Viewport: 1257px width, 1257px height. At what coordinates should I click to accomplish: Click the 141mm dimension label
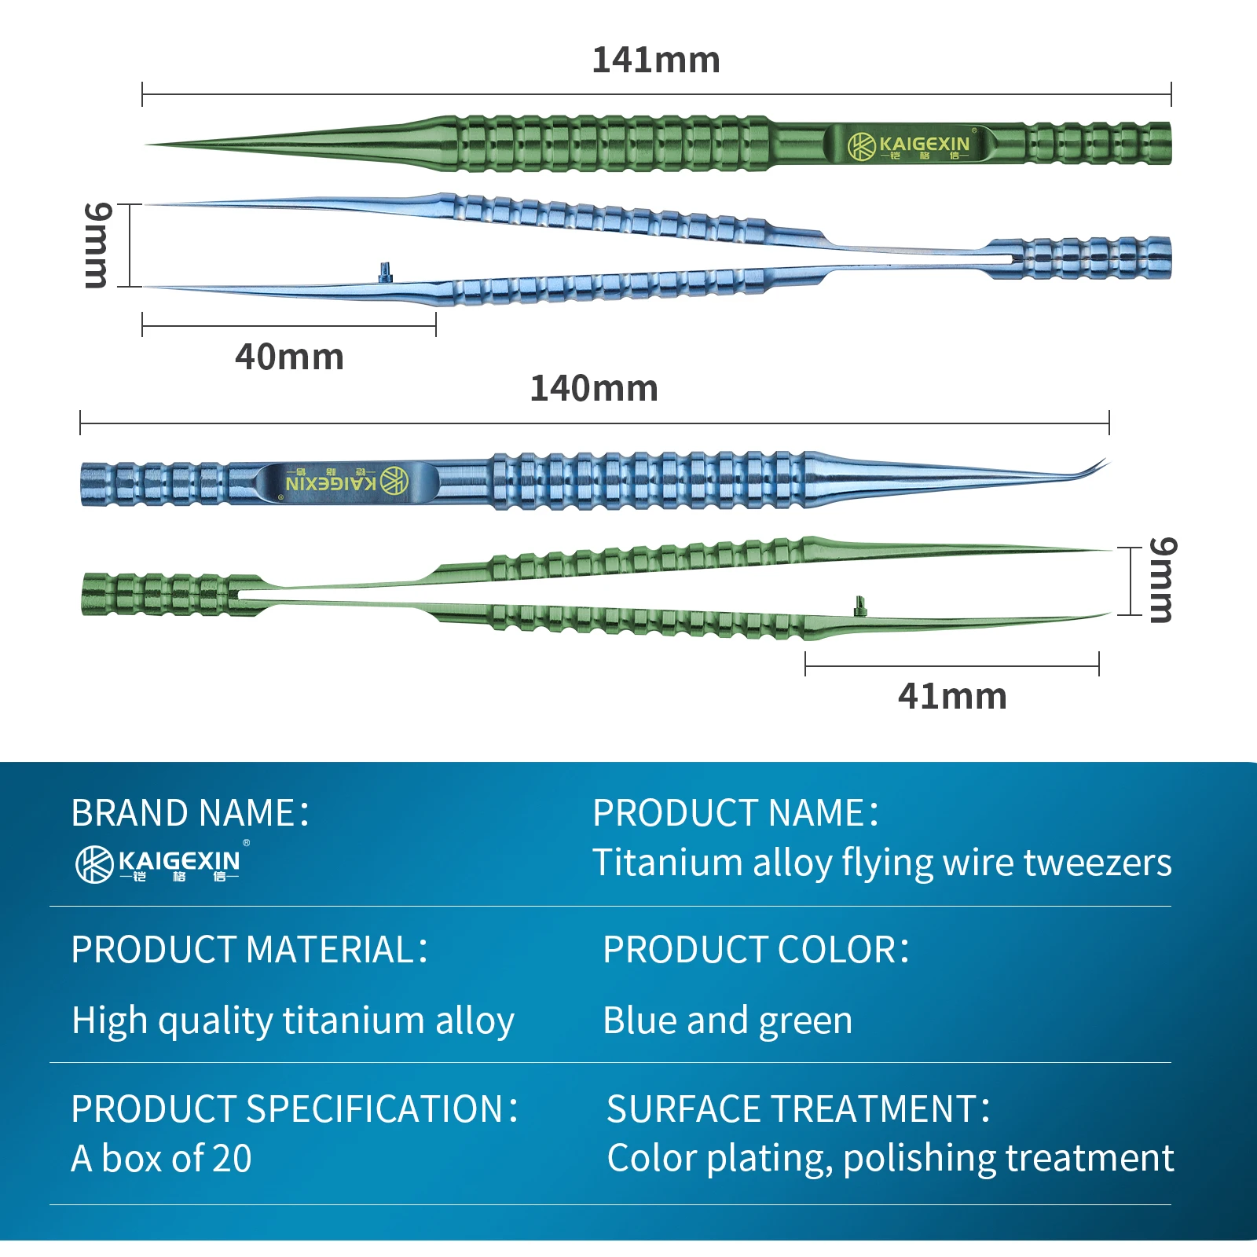click(x=655, y=60)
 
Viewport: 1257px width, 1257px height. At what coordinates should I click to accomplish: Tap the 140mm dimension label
click(x=594, y=389)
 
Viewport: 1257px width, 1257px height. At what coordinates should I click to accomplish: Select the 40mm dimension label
click(x=289, y=357)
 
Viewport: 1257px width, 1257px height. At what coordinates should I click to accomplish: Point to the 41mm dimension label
click(x=952, y=697)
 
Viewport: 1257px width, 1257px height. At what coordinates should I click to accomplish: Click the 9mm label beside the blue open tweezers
click(x=97, y=245)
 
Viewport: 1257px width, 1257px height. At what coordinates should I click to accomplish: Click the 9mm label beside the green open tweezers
click(x=1163, y=580)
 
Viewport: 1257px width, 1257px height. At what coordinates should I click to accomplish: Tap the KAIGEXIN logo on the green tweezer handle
click(x=910, y=145)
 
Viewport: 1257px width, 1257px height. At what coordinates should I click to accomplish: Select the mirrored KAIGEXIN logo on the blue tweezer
click(x=346, y=481)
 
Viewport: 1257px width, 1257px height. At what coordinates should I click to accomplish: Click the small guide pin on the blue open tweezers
click(x=385, y=272)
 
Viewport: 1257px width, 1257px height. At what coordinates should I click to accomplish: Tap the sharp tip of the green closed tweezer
click(x=153, y=145)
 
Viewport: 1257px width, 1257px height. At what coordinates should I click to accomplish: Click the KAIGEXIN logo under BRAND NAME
click(x=159, y=864)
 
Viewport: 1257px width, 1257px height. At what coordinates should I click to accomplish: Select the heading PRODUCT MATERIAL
click(x=249, y=950)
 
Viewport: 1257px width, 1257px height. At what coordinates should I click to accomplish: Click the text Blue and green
click(x=727, y=1021)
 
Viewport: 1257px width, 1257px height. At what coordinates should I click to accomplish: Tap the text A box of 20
click(x=161, y=1159)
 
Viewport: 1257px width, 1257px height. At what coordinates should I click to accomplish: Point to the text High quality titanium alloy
click(x=292, y=1021)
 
